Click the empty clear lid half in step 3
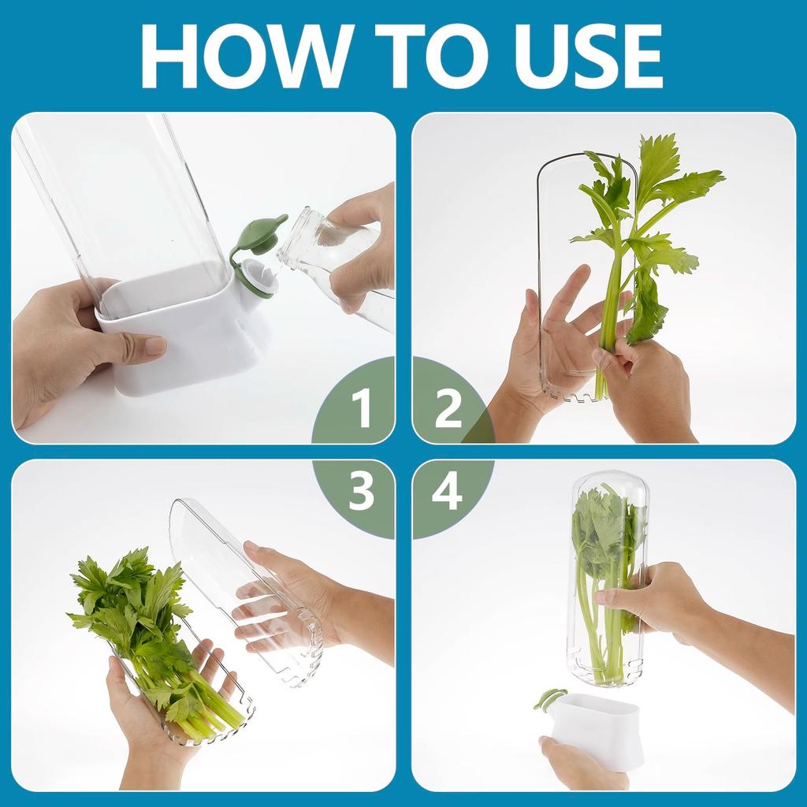click(236, 575)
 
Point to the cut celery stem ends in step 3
click(213, 713)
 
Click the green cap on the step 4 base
click(549, 698)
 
